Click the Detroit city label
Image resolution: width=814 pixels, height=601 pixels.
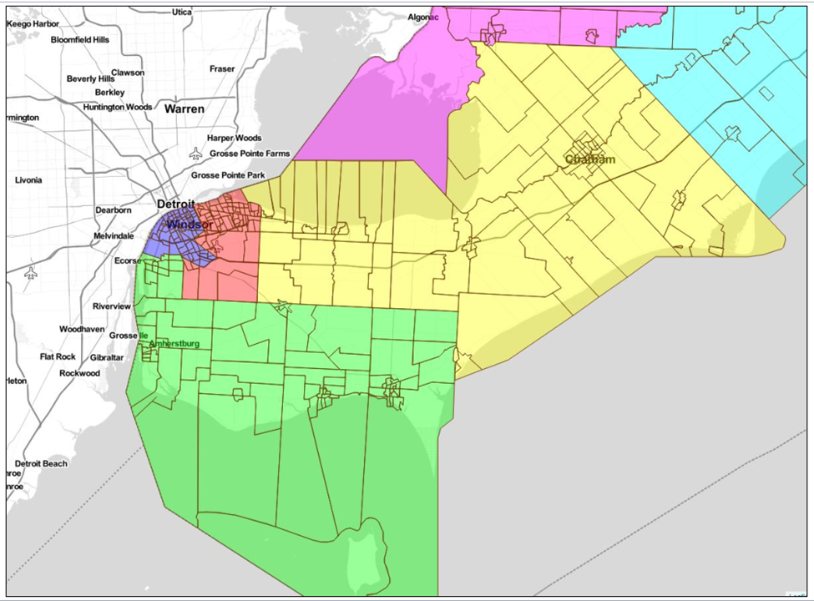(x=175, y=205)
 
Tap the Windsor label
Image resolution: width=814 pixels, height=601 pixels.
(x=189, y=225)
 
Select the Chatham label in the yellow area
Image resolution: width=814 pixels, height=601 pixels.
(x=590, y=159)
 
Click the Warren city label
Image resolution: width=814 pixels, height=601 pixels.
(x=184, y=109)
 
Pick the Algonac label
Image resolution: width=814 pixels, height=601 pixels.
(x=423, y=17)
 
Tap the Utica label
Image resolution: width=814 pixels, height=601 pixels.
(x=181, y=13)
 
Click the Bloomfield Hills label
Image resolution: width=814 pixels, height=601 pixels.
(x=80, y=39)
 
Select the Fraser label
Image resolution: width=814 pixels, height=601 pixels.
(x=222, y=68)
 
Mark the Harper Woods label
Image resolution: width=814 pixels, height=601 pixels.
(x=234, y=138)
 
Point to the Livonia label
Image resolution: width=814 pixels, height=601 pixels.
(x=28, y=180)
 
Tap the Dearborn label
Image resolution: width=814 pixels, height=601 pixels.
(x=114, y=210)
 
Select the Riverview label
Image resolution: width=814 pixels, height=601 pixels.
(x=112, y=306)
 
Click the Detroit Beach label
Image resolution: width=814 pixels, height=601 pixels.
(x=41, y=463)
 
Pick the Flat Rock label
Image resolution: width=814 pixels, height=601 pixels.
(x=58, y=356)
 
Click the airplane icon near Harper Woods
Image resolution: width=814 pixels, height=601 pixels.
(x=195, y=154)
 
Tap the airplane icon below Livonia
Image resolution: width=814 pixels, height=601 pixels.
(x=31, y=273)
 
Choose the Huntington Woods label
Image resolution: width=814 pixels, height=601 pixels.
(x=118, y=107)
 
